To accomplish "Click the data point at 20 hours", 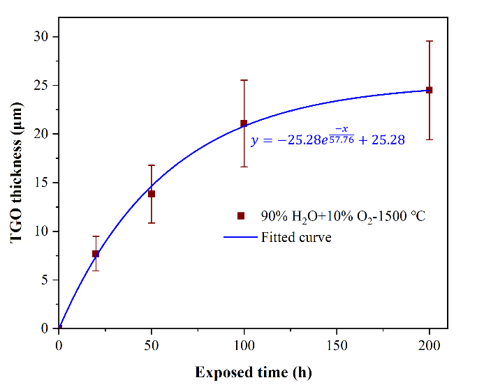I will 96,254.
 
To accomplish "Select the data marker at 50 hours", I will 152,194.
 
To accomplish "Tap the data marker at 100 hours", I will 244,123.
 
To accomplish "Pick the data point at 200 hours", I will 429,90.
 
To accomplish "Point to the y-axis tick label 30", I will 43,36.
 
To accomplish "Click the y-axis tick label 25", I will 43,85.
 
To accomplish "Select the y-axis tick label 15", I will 43,183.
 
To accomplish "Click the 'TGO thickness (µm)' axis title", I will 17,182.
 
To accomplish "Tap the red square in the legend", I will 241,216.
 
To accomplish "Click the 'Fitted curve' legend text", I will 296,237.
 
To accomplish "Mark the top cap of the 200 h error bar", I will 429,41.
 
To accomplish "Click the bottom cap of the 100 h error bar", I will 244,167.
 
